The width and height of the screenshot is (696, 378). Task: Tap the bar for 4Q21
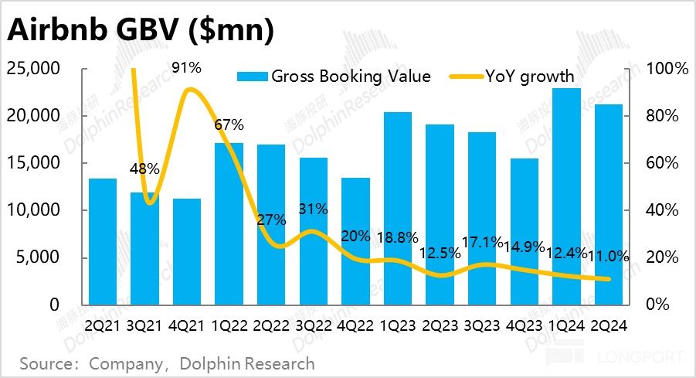click(x=187, y=251)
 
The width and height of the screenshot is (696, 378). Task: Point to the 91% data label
click(x=187, y=68)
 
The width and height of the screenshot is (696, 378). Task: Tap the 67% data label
click(x=229, y=124)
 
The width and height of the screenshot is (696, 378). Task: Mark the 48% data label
click(x=145, y=169)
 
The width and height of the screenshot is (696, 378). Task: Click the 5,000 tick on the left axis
click(x=38, y=257)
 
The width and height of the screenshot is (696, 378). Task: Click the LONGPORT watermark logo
click(x=615, y=358)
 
